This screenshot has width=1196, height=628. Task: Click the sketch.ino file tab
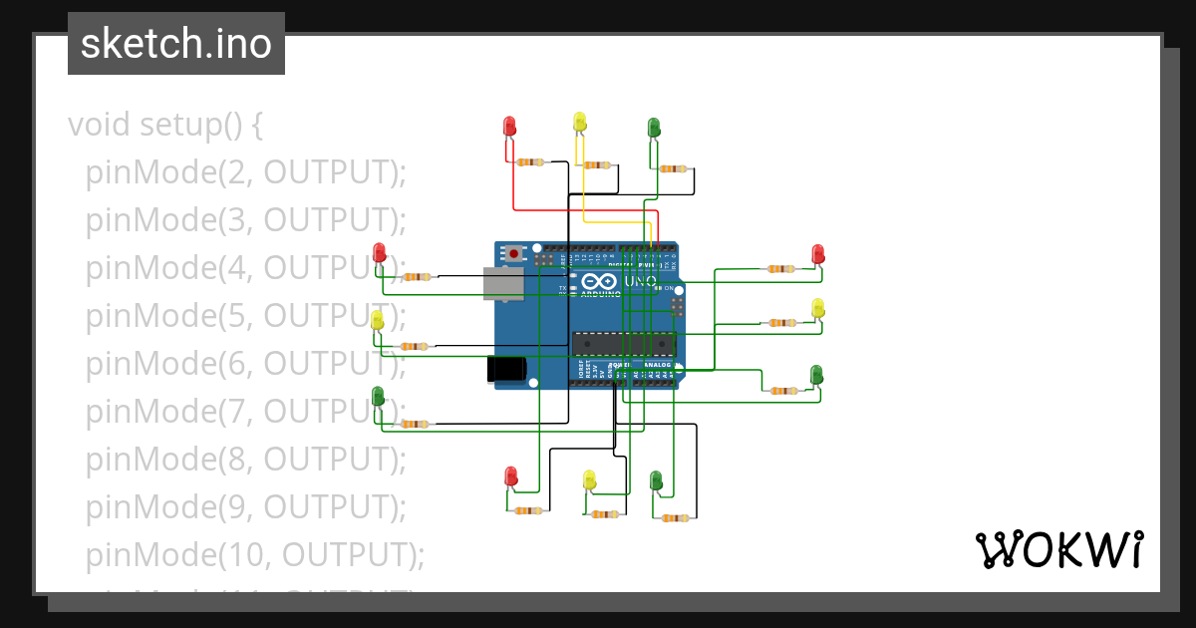[175, 44]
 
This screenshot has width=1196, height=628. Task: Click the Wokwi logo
[1058, 550]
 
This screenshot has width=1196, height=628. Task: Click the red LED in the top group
[509, 126]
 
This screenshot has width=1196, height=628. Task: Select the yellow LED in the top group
[579, 122]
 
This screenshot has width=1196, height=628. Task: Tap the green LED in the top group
[654, 127]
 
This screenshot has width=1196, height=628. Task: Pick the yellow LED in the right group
[818, 307]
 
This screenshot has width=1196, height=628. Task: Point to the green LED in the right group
[816, 374]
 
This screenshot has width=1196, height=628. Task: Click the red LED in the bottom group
[511, 475]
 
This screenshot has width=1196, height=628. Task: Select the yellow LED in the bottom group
[589, 479]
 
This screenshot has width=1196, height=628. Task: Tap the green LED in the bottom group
[656, 480]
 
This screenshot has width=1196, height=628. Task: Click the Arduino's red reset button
[513, 254]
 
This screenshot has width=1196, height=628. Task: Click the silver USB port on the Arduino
[502, 283]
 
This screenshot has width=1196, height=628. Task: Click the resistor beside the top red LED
[530, 162]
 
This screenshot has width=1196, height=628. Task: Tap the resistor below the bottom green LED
[676, 518]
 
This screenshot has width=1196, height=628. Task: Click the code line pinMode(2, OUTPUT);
[245, 172]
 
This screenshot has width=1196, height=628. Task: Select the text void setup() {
[164, 125]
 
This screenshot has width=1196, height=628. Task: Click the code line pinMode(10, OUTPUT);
[254, 554]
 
